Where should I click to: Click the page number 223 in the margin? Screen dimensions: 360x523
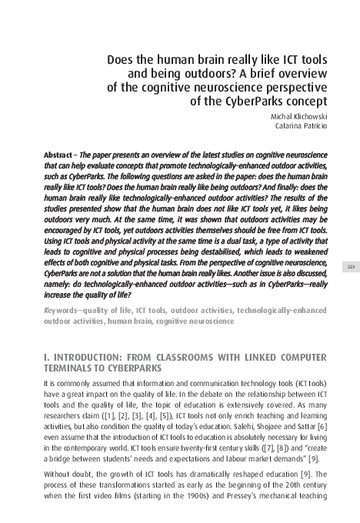point(350,266)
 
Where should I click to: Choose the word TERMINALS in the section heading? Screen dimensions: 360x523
point(72,368)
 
